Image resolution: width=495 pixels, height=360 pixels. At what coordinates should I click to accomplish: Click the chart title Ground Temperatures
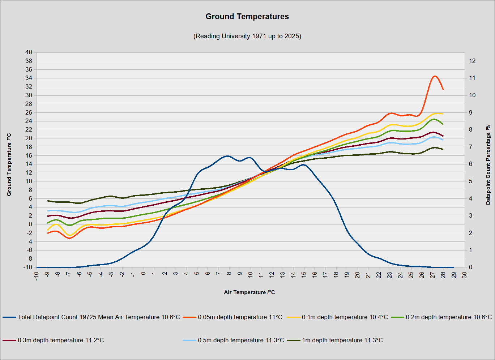247,17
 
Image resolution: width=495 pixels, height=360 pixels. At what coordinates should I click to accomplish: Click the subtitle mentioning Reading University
247,36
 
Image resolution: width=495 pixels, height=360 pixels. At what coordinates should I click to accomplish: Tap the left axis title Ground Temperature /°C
9,165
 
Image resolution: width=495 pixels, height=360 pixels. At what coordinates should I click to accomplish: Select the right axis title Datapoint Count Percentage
488,165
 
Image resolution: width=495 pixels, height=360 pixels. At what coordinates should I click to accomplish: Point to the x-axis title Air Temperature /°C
249,292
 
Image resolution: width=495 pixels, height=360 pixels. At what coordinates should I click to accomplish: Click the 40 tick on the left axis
29,52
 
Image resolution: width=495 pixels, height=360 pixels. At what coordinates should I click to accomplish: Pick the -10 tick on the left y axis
27,267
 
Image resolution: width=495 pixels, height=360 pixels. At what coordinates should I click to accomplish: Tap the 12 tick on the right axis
472,61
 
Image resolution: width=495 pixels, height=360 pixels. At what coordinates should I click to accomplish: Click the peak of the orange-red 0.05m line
435,76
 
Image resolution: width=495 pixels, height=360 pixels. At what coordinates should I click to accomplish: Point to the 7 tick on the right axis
471,147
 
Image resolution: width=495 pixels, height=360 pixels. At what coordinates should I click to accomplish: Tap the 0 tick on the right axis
471,267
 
